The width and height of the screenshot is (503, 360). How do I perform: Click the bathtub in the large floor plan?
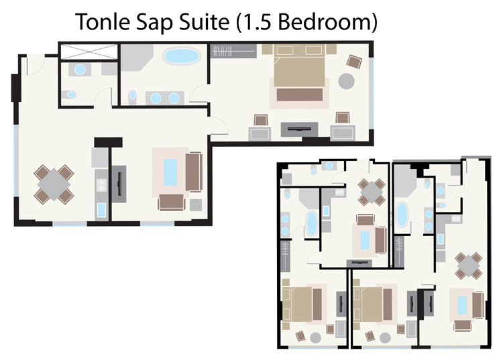[x=181, y=56]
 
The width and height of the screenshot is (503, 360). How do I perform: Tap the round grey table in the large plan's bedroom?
[x=347, y=81]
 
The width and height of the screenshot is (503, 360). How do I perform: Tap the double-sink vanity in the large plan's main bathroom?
[x=165, y=98]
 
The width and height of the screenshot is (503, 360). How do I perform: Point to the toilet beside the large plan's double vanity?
[x=133, y=97]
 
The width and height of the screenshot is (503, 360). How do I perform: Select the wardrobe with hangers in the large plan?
[x=231, y=50]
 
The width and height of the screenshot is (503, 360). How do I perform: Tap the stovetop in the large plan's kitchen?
[x=100, y=178]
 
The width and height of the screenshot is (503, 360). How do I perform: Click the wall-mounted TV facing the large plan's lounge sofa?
[x=121, y=181]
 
